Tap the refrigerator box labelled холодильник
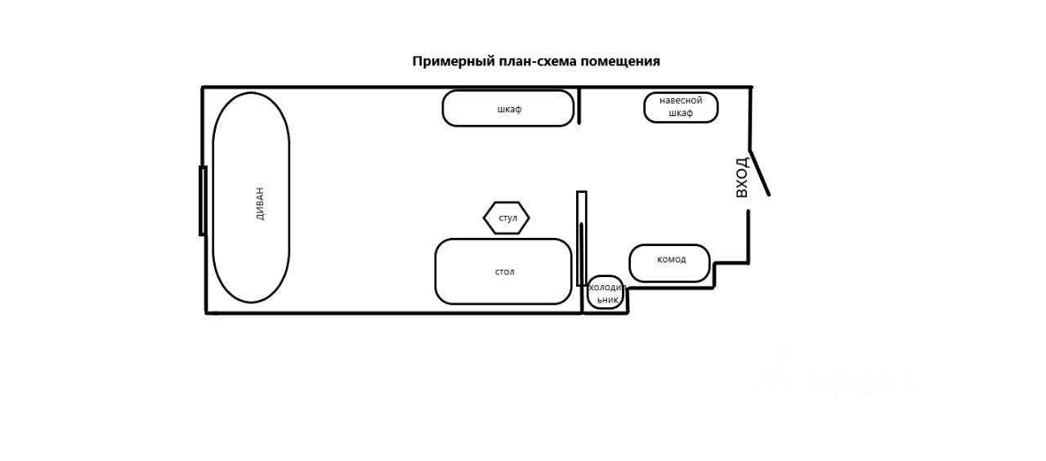coord(606,293)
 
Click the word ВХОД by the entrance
coord(741,177)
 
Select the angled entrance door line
coord(760,172)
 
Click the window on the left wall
coord(203,200)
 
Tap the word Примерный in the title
coord(447,61)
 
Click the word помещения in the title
coord(620,61)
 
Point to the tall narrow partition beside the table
coord(581,238)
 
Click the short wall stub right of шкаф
coord(579,106)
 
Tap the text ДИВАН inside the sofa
coord(260,204)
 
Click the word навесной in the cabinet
coord(681,101)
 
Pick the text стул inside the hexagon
coord(507,218)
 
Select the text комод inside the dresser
coord(672,259)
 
